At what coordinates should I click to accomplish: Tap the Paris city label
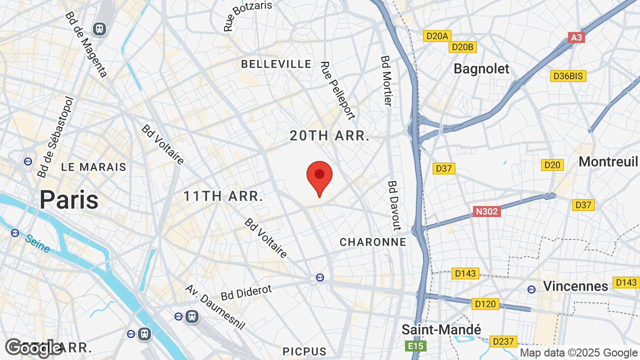coord(69,199)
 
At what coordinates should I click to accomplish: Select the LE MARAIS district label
coord(94,167)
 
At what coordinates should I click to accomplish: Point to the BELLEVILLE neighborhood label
coord(276,64)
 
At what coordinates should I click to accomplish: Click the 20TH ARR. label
coord(329,135)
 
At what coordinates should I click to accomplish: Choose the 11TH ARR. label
coord(223,196)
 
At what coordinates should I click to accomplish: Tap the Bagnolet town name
coord(481,69)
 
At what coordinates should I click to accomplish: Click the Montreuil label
coord(608,161)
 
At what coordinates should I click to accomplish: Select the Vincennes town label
coord(575,286)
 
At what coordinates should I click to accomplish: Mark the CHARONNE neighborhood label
coord(372,242)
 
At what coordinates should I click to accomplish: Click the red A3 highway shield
coord(576,37)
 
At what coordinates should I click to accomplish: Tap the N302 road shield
coord(486,211)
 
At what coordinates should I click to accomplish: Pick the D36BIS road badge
coord(568,76)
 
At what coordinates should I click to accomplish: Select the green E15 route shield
coord(415,346)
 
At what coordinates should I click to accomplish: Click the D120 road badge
coord(485,304)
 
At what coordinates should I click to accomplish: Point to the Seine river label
coord(38,243)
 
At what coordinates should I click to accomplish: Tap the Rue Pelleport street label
coord(337,90)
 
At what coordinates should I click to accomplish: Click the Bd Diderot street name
coord(246,293)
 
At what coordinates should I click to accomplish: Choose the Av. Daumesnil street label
coord(215,307)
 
